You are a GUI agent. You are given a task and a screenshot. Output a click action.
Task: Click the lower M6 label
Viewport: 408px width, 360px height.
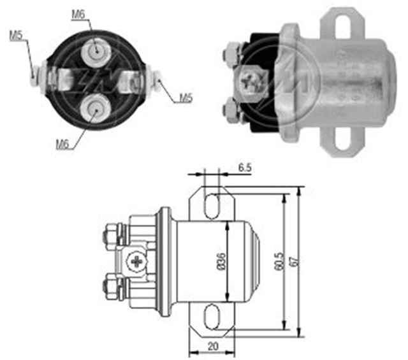click(62, 144)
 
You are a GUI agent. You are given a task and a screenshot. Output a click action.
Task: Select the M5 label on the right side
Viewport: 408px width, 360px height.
click(185, 97)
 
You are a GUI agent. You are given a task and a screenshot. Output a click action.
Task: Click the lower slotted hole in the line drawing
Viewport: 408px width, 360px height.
click(212, 315)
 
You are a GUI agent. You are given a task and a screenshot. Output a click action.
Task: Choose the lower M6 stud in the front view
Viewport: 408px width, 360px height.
click(95, 106)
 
